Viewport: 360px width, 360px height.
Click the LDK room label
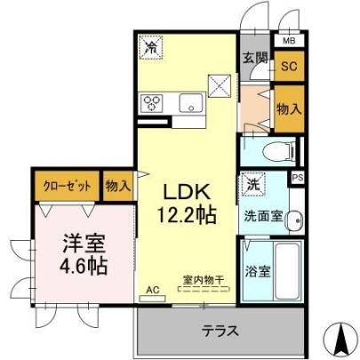click(187, 192)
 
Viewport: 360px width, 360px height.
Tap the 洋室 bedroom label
click(84, 243)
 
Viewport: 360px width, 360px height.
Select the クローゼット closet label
click(67, 187)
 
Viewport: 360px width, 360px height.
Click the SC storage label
click(289, 66)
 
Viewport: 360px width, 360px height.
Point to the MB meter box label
click(289, 41)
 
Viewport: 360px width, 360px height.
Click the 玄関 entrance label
click(256, 58)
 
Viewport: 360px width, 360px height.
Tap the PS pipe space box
click(298, 178)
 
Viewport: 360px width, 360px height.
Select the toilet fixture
click(278, 151)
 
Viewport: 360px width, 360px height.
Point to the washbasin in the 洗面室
click(294, 220)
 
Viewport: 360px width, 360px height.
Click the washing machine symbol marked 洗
click(252, 185)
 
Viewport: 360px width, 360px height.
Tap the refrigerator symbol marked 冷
click(151, 47)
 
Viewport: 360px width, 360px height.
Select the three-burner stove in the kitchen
click(153, 103)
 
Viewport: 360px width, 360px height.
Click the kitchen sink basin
click(191, 102)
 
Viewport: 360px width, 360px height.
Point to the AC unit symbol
click(153, 299)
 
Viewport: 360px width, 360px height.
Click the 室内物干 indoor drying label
click(204, 280)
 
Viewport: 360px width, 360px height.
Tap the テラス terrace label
click(220, 331)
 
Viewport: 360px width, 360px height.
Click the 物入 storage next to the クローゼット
click(118, 187)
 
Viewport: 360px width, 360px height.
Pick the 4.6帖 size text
click(84, 266)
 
